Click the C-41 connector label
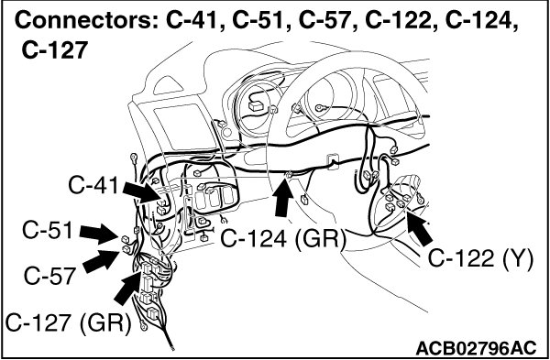click(93, 186)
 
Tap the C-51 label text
click(48, 231)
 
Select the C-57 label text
click(49, 276)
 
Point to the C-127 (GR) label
click(68, 322)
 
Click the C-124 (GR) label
click(283, 239)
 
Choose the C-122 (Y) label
click(480, 260)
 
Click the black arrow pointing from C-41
click(143, 192)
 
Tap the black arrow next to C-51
click(99, 234)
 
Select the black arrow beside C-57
click(101, 261)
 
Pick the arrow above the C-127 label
click(128, 289)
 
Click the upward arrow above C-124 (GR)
click(282, 197)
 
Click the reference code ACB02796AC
click(476, 349)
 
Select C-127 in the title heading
click(54, 50)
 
